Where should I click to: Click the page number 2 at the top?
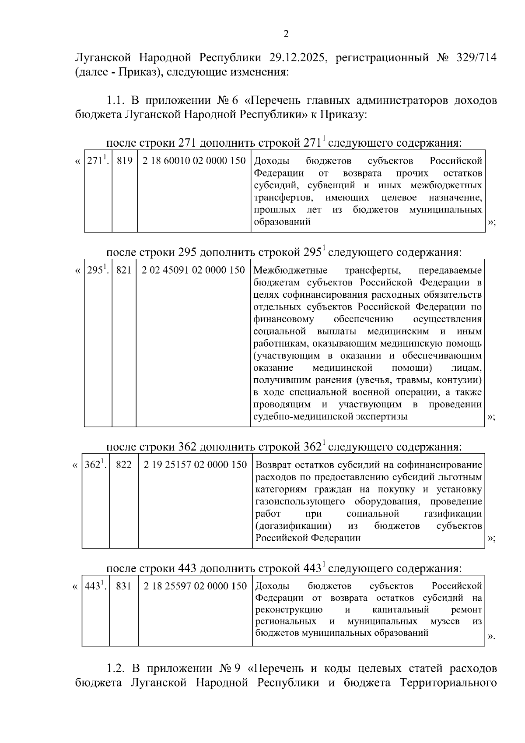pos(286,34)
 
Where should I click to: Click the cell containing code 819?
pos(125,161)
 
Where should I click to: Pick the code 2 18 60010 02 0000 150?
pos(194,161)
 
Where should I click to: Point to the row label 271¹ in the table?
pos(98,161)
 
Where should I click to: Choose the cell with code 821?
pos(124,270)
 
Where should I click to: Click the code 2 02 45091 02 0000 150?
pos(193,270)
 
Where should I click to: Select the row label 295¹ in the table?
pos(98,270)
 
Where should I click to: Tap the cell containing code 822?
pos(124,465)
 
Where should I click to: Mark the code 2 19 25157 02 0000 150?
pos(195,465)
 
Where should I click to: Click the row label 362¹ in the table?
pos(95,465)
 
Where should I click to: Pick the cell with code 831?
pos(124,586)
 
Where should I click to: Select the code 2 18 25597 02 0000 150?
pos(195,586)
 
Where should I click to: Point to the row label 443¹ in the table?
pos(95,586)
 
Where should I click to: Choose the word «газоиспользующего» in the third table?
pos(300,501)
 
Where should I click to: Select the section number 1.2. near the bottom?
pos(117,669)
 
